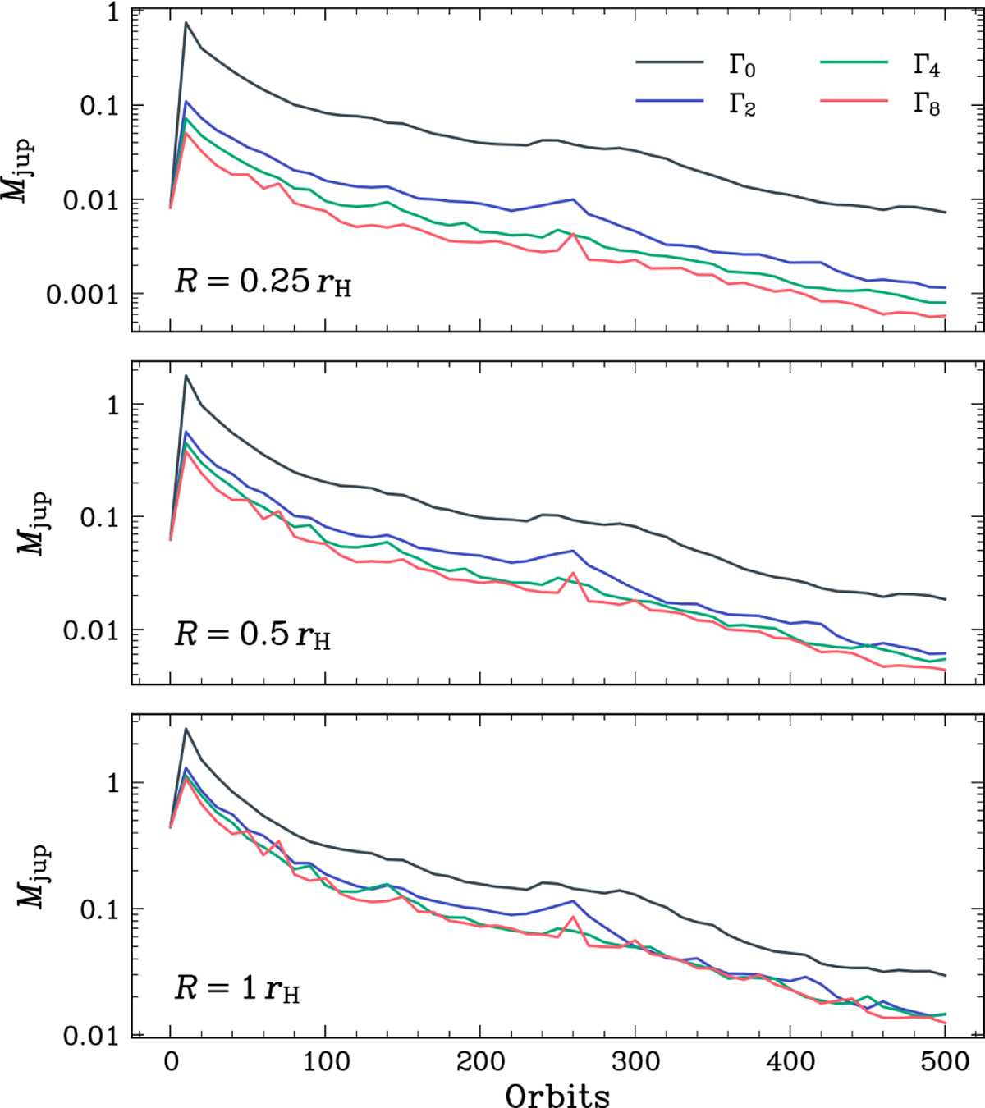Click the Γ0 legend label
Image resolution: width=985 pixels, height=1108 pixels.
742,66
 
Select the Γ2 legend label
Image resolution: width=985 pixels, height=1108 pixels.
742,104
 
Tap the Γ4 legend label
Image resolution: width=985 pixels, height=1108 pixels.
927,66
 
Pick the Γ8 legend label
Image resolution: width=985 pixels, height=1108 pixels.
927,104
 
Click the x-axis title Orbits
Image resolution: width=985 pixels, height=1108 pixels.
557,1094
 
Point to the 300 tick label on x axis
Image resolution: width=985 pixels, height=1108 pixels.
635,1062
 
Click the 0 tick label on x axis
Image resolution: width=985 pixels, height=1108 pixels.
170,1062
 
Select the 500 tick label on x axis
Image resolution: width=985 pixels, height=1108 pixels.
945,1062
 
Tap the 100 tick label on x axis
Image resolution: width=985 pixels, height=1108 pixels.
325,1062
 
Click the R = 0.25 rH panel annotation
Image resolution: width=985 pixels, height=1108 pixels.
263,282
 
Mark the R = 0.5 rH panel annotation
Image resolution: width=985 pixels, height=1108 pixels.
252,634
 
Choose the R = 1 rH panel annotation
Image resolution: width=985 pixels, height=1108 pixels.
236,989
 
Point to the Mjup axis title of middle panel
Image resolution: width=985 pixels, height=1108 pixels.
34,524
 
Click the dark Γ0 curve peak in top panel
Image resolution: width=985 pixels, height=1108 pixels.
186,23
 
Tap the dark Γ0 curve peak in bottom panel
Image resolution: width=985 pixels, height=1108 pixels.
186,729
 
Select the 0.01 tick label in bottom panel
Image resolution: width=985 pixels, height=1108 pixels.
92,1036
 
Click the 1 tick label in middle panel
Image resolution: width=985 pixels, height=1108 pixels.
112,405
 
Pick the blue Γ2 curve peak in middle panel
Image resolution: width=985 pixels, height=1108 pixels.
186,432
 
